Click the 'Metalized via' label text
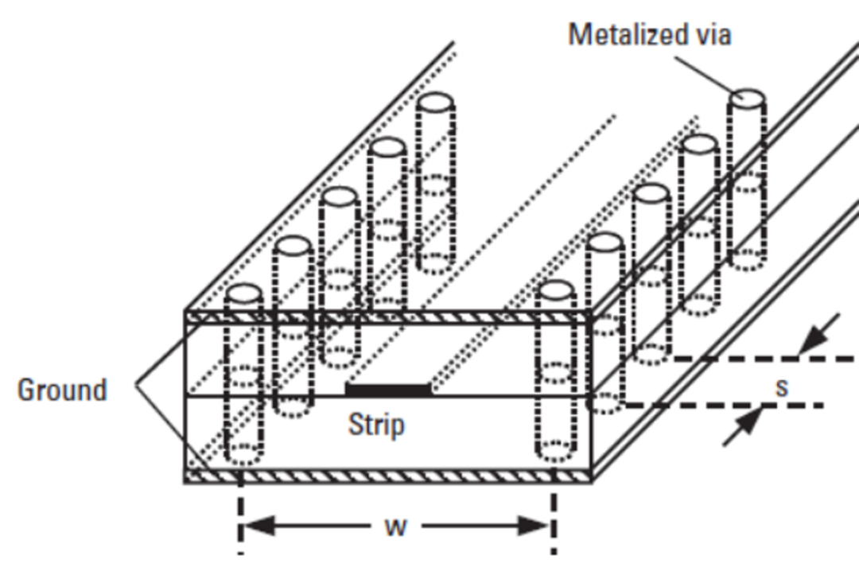pos(649,34)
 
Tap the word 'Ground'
pos(62,390)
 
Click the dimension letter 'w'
pos(395,526)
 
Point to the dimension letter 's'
pos(782,387)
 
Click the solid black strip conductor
pos(388,389)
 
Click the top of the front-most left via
pos(244,293)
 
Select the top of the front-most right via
pos(554,290)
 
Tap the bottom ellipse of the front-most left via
pos(244,454)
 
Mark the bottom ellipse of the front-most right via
pos(555,453)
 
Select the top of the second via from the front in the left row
pos(291,246)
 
